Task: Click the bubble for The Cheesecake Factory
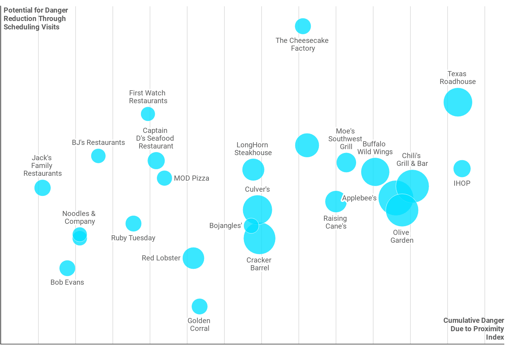pyautogui.click(x=303, y=26)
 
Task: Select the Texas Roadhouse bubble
pyautogui.click(x=457, y=102)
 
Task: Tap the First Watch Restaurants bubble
pyautogui.click(x=148, y=114)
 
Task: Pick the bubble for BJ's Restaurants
pyautogui.click(x=98, y=156)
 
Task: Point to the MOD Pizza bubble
pyautogui.click(x=164, y=178)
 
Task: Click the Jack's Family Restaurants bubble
pyautogui.click(x=43, y=188)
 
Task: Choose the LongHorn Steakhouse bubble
pyautogui.click(x=253, y=170)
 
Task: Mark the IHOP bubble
pyautogui.click(x=462, y=169)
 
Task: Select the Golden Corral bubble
pyautogui.click(x=199, y=306)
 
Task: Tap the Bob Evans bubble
pyautogui.click(x=67, y=268)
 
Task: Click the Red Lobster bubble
pyautogui.click(x=193, y=258)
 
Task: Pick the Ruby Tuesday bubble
pyautogui.click(x=133, y=223)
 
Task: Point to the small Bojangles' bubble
pyautogui.click(x=251, y=226)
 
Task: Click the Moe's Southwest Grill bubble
pyautogui.click(x=346, y=163)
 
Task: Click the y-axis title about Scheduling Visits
pyautogui.click(x=36, y=19)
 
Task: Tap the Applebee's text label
pyautogui.click(x=359, y=198)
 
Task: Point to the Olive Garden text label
pyautogui.click(x=402, y=236)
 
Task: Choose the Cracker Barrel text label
pyautogui.click(x=259, y=264)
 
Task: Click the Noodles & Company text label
pyautogui.click(x=79, y=217)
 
